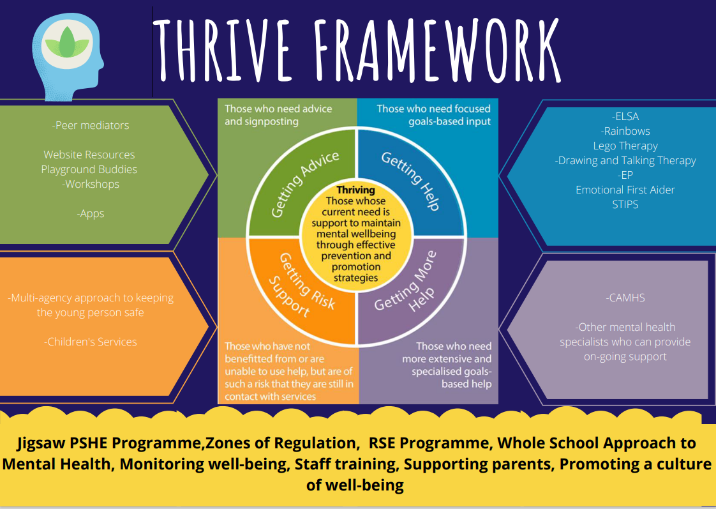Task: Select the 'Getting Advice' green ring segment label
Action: pos(305,183)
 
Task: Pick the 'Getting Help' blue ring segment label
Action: pos(410,181)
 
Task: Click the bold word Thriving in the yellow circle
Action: pos(355,190)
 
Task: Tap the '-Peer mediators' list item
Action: pos(91,125)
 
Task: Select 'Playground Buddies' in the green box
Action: pos(89,169)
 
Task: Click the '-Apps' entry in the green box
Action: pos(91,213)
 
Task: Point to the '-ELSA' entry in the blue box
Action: pos(625,116)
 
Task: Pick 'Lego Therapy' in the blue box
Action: pos(625,146)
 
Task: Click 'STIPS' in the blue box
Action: pos(625,204)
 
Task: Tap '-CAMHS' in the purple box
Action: pos(625,298)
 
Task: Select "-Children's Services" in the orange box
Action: pos(91,341)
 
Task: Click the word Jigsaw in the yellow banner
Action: pos(39,443)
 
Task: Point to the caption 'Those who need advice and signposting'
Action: pos(278,115)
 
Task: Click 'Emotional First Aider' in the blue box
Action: pos(625,190)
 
